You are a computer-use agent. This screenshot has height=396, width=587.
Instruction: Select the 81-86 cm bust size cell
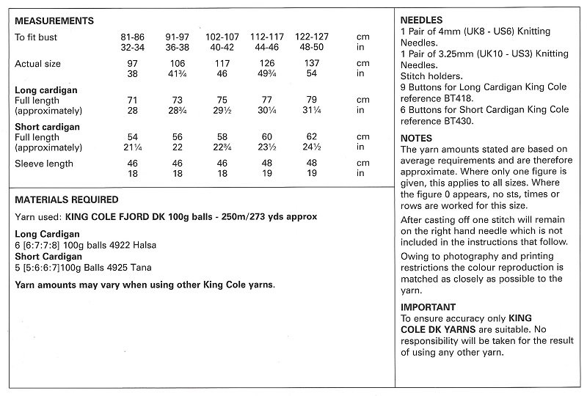132,34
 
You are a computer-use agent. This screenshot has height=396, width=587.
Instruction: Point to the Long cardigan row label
46,89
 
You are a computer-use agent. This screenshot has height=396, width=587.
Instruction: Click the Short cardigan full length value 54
132,138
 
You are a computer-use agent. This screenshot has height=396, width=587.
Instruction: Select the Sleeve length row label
44,164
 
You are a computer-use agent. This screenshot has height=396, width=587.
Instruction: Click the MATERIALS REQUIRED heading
67,199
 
